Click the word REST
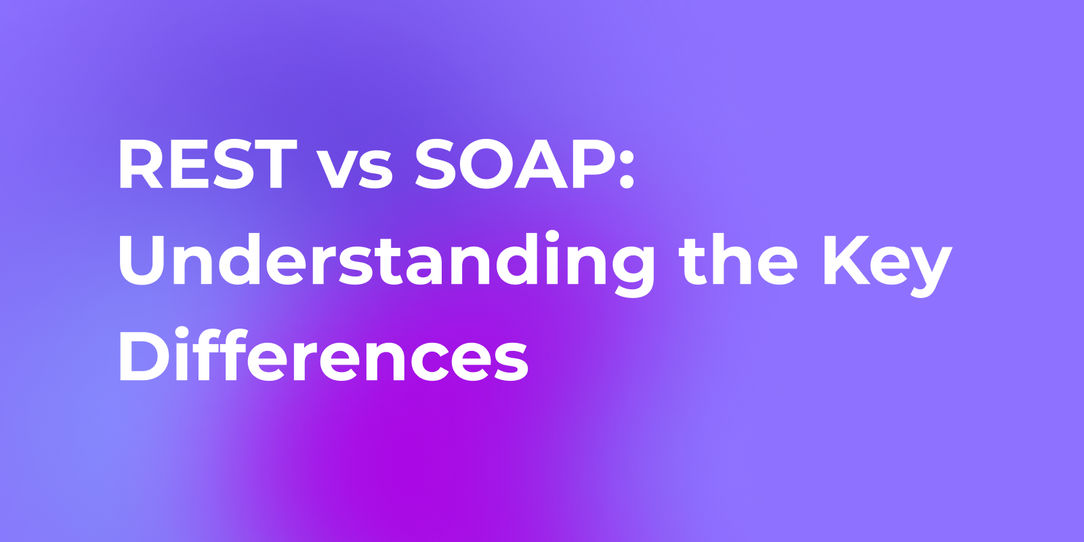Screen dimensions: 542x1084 [x=207, y=164]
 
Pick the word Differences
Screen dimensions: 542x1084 [x=323, y=356]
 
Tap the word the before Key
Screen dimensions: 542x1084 [x=738, y=260]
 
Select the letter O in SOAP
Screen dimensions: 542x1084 [x=486, y=164]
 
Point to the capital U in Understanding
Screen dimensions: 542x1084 [x=142, y=260]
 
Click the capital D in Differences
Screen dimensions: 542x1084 [x=143, y=356]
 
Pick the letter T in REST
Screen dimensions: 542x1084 [x=276, y=164]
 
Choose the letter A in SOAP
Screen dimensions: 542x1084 [x=541, y=164]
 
